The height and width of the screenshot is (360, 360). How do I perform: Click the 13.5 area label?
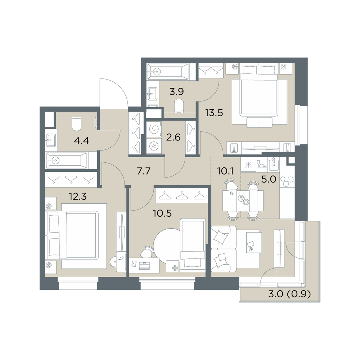click(x=214, y=113)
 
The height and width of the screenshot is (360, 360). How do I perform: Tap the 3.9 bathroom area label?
click(x=176, y=92)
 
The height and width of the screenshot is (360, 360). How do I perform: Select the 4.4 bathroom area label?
click(x=81, y=140)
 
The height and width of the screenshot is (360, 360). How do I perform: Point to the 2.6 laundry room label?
click(x=173, y=137)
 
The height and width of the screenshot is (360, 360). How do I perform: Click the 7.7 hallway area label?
click(x=144, y=171)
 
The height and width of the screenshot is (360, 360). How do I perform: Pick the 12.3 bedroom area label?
click(x=78, y=197)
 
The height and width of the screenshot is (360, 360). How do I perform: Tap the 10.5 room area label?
click(x=163, y=213)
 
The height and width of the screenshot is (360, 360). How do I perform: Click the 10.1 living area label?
click(x=225, y=171)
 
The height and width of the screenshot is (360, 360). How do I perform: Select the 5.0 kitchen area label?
click(x=269, y=179)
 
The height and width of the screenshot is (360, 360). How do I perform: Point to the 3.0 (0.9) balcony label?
click(x=289, y=294)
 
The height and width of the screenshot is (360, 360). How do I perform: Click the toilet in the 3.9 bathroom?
click(x=179, y=106)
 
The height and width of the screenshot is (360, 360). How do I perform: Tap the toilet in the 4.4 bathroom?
click(x=77, y=123)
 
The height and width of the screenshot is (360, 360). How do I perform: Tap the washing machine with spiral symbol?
click(x=154, y=129)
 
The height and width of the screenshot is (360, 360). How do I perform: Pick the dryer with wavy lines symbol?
click(x=154, y=145)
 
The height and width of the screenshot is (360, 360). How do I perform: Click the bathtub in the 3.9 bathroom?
click(x=168, y=72)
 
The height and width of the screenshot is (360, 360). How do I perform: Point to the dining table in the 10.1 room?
click(x=243, y=201)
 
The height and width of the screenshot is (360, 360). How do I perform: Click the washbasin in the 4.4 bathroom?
click(x=51, y=140)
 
